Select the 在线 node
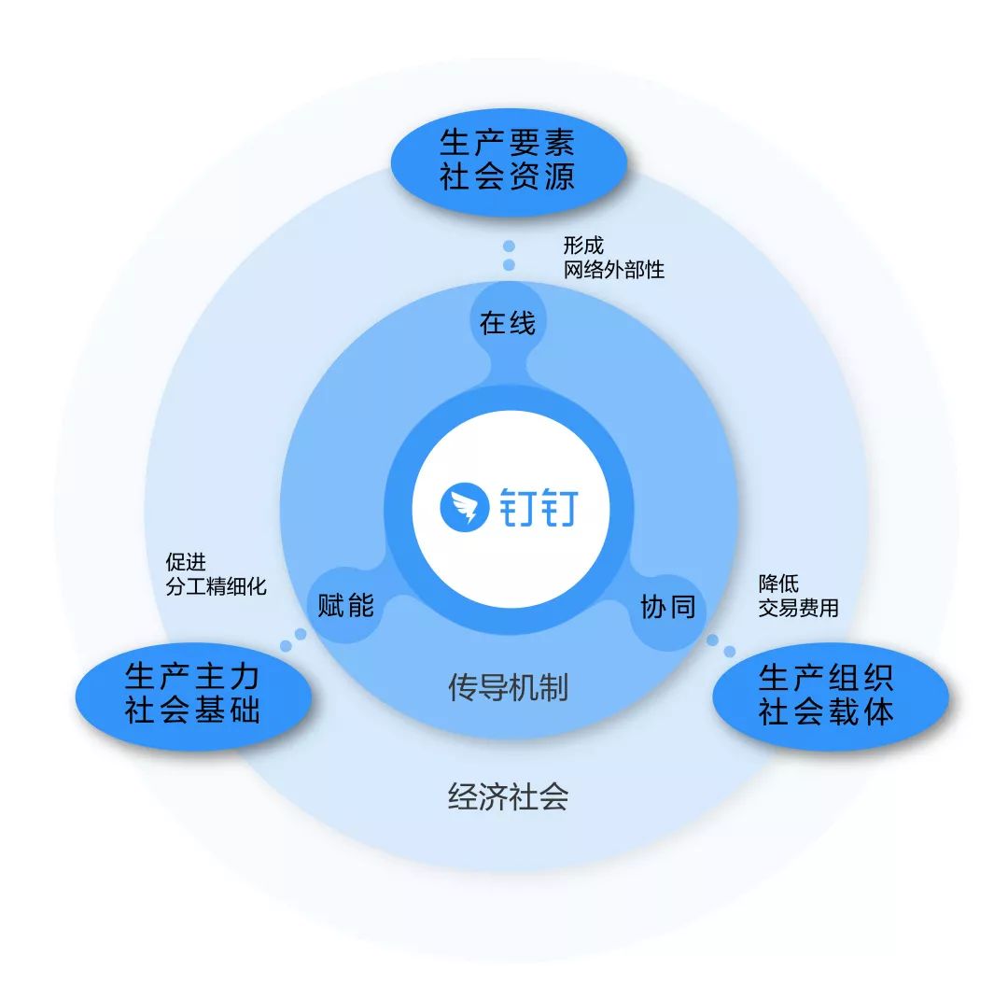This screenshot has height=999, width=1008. (508, 323)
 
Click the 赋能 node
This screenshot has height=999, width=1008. (345, 606)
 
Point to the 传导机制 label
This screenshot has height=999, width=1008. (508, 689)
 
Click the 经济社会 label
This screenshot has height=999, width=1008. (508, 796)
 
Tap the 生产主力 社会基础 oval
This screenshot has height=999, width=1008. (192, 693)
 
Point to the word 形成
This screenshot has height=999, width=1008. (583, 246)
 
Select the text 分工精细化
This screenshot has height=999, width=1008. (216, 586)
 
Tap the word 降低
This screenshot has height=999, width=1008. (778, 584)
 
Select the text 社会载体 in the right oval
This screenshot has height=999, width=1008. (827, 713)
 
